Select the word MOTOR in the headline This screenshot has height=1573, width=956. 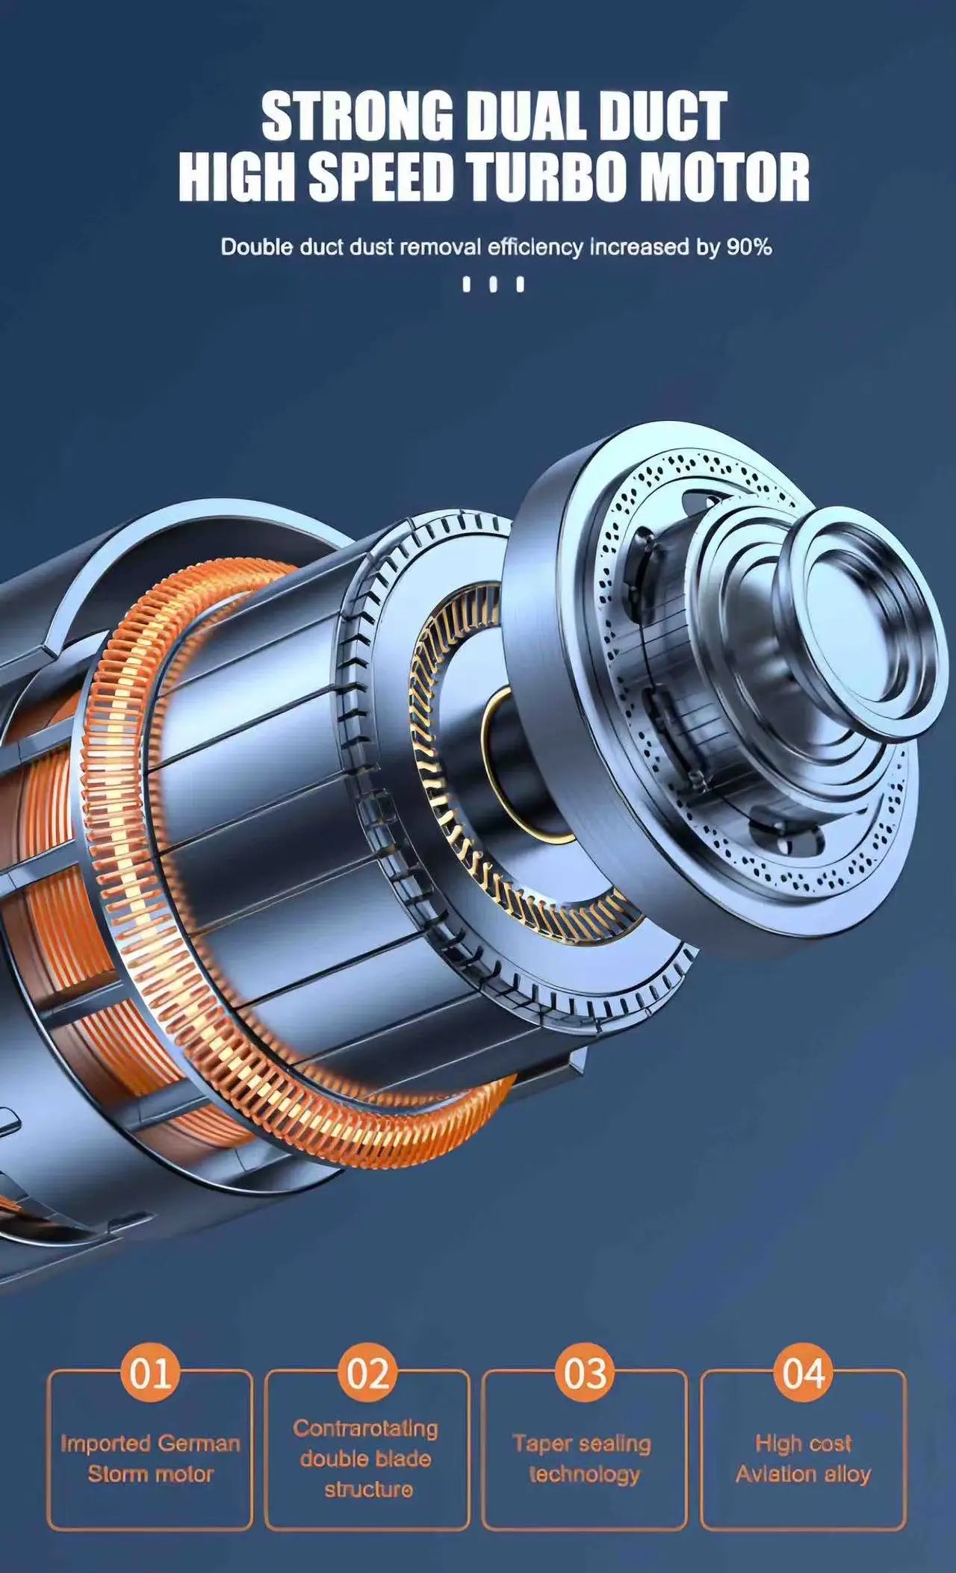pyautogui.click(x=726, y=177)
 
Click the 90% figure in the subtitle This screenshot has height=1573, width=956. pyautogui.click(x=749, y=247)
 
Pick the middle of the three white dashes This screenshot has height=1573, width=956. pyautogui.click(x=491, y=284)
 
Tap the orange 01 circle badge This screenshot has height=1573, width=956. pyautogui.click(x=150, y=1373)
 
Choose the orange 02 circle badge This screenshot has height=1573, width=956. pyautogui.click(x=367, y=1373)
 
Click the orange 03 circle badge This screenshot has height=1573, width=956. pyautogui.click(x=585, y=1373)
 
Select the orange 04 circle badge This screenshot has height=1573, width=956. pyautogui.click(x=803, y=1373)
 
